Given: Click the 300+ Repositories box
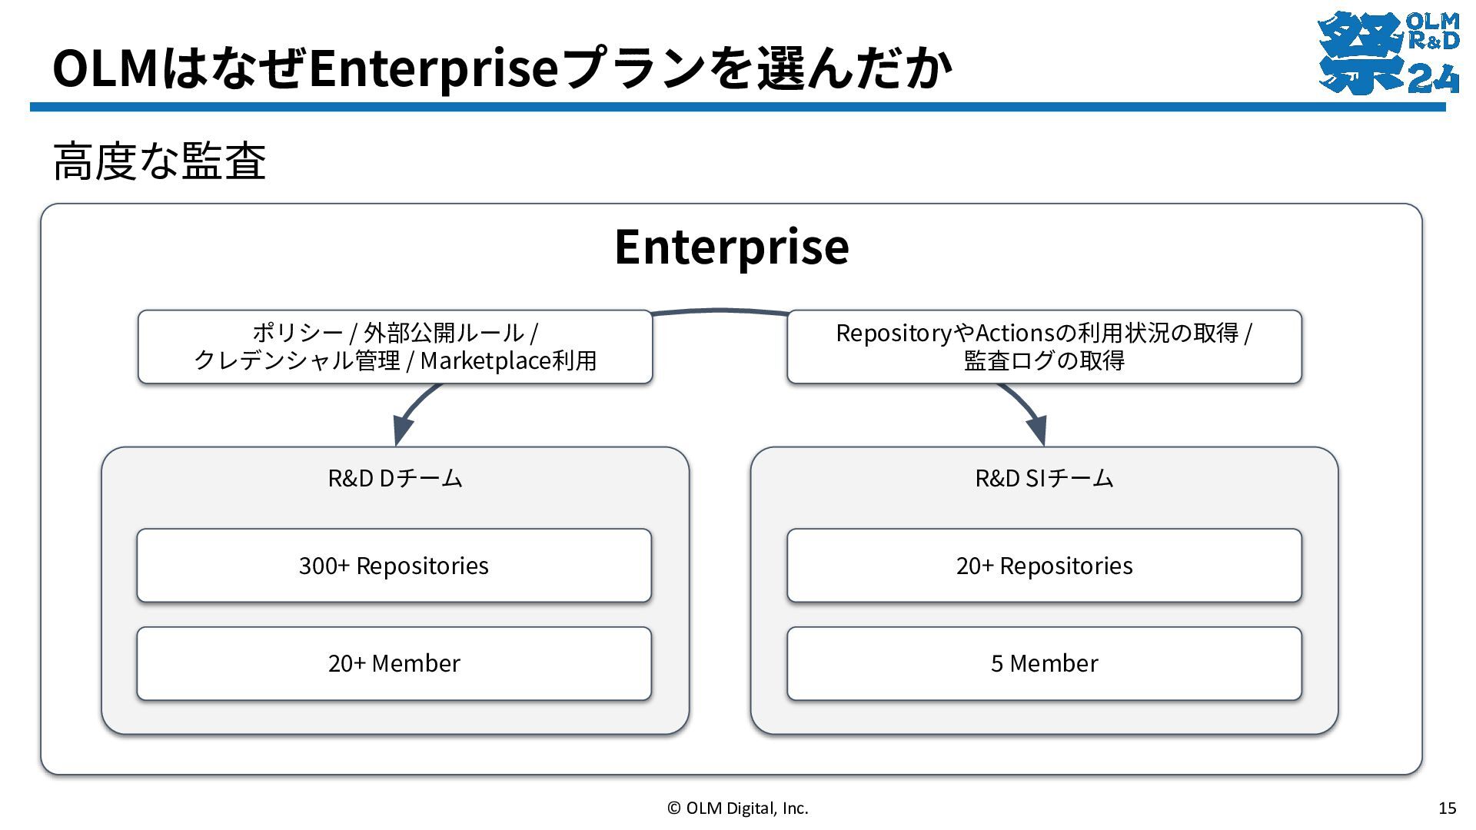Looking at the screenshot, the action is coord(394,566).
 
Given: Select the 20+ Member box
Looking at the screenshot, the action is coord(394,663).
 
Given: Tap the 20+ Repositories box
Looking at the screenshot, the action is coord(1044,566).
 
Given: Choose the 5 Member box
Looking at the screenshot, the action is coord(1044,663).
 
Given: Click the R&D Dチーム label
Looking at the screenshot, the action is coord(395,478).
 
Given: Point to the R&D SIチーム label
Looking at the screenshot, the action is coord(1044,478).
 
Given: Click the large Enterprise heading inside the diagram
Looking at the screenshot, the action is coord(732,247).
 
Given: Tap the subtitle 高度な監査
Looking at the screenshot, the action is coord(160,161).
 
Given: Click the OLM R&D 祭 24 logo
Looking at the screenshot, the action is coord(1388,52).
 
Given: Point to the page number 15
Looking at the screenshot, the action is coord(1447,808).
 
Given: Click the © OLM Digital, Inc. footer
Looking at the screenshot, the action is coord(738,808).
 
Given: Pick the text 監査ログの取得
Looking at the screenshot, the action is coord(1044,360).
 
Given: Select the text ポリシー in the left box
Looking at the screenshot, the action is coord(298,333).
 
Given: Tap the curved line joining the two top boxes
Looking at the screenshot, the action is coord(720,311).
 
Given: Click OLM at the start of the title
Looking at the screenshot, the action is coord(106,68).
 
